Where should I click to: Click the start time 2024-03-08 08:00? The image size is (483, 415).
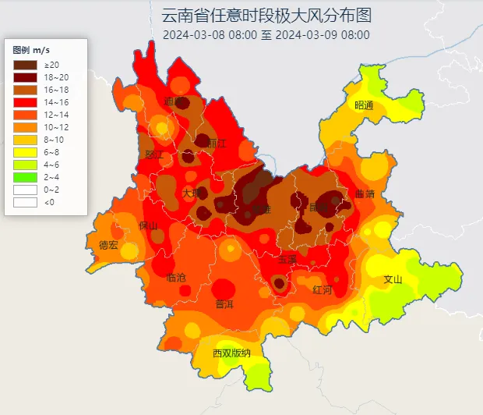click(x=210, y=34)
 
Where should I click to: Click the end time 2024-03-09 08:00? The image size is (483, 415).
click(x=323, y=34)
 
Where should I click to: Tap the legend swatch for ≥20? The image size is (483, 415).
click(x=25, y=64)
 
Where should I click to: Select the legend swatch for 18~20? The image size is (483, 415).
click(x=25, y=76)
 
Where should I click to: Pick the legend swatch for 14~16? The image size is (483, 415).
click(x=25, y=101)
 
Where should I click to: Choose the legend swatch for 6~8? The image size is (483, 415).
click(x=25, y=151)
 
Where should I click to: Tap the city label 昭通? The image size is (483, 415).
click(x=364, y=105)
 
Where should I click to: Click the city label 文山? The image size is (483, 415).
click(x=393, y=279)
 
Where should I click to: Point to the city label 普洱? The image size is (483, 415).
click(x=224, y=303)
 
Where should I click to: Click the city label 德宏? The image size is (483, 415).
click(x=108, y=245)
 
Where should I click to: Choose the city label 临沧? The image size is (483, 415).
click(x=177, y=277)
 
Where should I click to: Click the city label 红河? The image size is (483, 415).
click(x=322, y=289)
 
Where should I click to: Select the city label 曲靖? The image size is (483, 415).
click(x=365, y=193)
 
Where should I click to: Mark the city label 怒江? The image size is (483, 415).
click(x=154, y=154)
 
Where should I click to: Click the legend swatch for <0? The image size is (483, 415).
click(x=25, y=201)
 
